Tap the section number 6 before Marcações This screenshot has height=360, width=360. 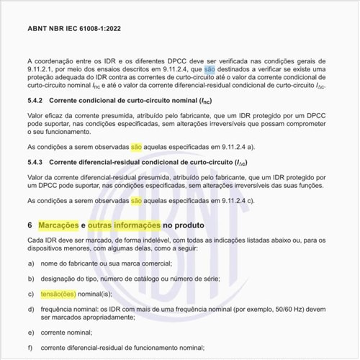[x=30, y=226]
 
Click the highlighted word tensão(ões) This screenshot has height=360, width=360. [x=59, y=294]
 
